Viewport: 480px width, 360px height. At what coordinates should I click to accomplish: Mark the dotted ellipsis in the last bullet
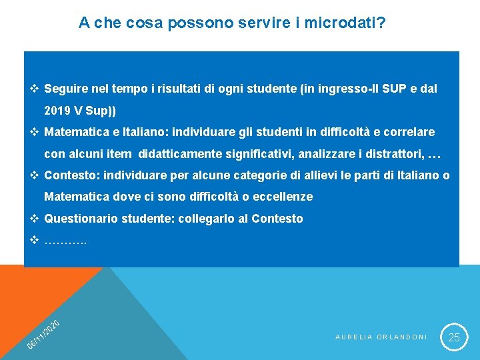(x=65, y=240)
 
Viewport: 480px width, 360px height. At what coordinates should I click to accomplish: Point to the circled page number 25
(x=454, y=337)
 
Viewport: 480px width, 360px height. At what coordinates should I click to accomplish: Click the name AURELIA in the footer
(x=353, y=337)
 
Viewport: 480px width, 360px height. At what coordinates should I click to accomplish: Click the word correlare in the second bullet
(x=409, y=132)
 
